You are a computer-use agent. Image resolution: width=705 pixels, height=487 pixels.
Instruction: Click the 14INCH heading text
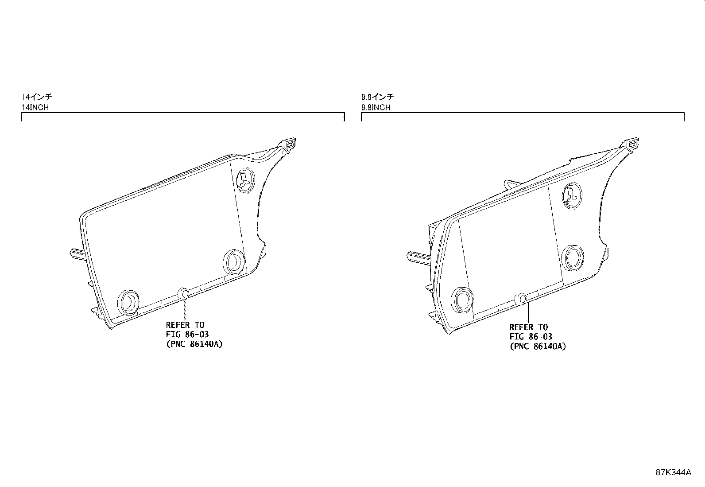[35, 107]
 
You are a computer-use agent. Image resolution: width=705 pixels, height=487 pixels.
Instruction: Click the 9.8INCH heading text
[376, 107]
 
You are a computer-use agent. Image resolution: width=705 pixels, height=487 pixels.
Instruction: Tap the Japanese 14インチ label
[36, 97]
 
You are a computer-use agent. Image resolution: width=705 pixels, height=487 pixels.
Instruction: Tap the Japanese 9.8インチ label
[377, 97]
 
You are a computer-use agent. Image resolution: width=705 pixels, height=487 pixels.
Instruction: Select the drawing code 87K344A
[674, 472]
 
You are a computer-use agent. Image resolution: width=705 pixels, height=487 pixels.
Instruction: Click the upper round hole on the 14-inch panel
[245, 180]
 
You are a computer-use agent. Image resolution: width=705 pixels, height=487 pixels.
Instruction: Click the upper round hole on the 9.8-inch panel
[572, 195]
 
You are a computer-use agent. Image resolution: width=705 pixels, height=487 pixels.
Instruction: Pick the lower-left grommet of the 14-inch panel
[128, 302]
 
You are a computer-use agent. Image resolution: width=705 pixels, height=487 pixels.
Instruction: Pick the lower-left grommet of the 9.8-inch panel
[462, 300]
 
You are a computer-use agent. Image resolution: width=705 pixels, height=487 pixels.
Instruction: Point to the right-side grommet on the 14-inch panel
[234, 262]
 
